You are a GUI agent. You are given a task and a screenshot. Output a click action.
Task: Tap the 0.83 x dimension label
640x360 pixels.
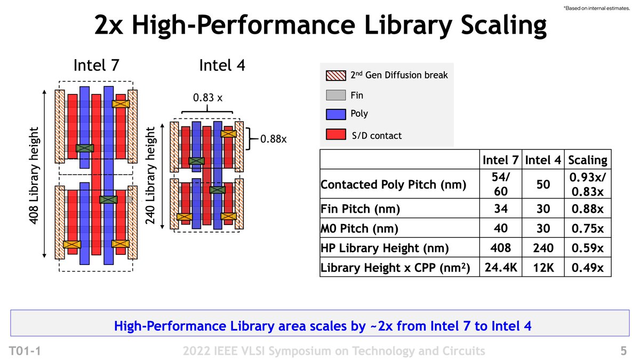[x=207, y=99]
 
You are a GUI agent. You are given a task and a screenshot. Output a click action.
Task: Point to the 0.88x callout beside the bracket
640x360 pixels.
[x=274, y=139]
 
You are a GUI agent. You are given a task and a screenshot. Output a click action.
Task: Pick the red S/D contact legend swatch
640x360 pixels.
[x=335, y=135]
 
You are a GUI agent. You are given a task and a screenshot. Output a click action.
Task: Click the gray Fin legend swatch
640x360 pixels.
[x=335, y=95]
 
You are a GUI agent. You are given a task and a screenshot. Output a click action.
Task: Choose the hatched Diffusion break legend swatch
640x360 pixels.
[x=335, y=75]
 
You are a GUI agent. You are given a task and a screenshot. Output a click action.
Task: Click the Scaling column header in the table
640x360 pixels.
[x=588, y=160]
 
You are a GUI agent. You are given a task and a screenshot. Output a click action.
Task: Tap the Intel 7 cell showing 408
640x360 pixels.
[x=501, y=248]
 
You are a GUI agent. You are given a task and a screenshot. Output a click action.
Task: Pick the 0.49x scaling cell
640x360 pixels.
[x=588, y=268]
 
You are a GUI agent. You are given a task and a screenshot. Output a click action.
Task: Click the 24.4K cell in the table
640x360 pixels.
[x=501, y=268]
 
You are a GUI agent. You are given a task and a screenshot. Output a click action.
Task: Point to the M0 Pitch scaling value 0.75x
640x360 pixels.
[x=588, y=229]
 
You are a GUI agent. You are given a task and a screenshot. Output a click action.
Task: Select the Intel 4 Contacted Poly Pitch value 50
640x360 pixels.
[x=543, y=185]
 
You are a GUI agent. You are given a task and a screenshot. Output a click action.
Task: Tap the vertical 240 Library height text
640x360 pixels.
[x=151, y=175]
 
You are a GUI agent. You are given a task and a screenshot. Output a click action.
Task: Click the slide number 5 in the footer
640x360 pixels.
[x=623, y=351]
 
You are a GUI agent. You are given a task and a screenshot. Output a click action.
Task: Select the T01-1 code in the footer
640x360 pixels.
[x=25, y=351]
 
